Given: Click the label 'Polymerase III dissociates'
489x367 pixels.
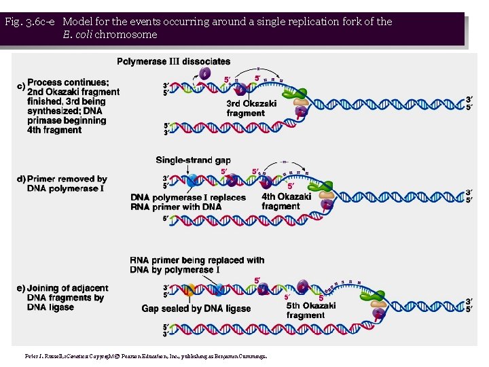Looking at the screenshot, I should point(174,62).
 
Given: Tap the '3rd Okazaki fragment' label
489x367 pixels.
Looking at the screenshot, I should point(251,109).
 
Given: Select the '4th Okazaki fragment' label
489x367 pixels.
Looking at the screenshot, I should point(286,201).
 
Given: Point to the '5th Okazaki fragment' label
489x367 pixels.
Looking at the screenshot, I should point(310,311).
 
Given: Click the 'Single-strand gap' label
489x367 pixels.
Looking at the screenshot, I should point(193,160).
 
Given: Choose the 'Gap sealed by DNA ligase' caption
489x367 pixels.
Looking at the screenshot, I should point(196,309).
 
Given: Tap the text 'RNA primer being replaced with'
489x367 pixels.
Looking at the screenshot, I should point(197,260).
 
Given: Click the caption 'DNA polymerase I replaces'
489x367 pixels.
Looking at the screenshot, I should point(188,197).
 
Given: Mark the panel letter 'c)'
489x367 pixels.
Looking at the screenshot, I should point(20,86).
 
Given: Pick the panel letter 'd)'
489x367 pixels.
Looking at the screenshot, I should point(20,179).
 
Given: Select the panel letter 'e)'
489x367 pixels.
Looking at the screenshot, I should point(20,288).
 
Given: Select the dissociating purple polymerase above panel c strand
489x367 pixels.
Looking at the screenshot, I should point(205,73).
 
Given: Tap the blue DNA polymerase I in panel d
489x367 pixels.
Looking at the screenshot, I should point(193,179).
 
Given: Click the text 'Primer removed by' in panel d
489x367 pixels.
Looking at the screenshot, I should point(67,179).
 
